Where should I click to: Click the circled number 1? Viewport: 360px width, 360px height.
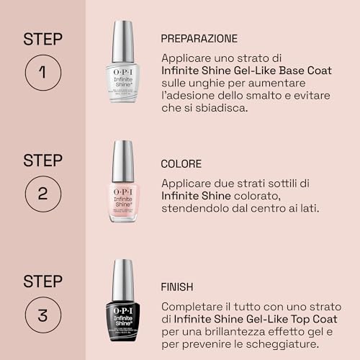[x=42, y=72]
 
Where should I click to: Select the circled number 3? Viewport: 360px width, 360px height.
[x=42, y=315]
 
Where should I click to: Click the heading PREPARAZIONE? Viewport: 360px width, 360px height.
[x=199, y=38]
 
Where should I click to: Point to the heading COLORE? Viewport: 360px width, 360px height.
[x=181, y=164]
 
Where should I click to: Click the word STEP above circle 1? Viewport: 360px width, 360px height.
[x=42, y=37]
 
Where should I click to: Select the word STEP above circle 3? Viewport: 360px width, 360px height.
[x=42, y=280]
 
